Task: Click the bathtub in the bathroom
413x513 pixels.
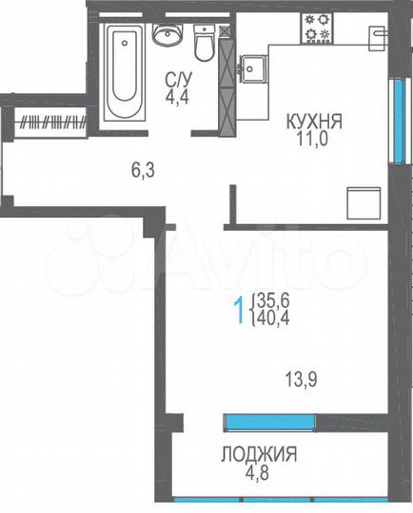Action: point(123,72)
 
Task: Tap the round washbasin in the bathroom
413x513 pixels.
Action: point(167,36)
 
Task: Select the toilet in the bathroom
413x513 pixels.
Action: point(203,42)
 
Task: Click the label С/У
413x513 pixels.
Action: point(174,79)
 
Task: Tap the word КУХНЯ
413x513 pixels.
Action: point(315,122)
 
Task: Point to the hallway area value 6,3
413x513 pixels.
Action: point(142,172)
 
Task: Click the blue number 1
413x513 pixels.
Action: point(239,310)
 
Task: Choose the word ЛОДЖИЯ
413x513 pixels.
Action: point(260,453)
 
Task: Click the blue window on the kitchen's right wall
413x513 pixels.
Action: point(393,119)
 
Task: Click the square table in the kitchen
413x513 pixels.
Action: point(362,201)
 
